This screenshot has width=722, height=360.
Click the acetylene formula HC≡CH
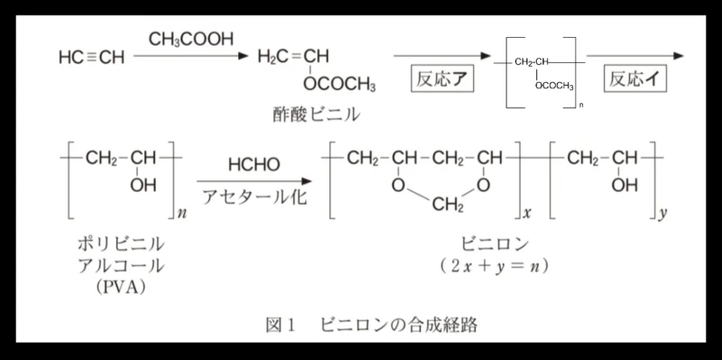coord(92,58)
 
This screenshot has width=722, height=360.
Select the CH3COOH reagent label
coord(191,40)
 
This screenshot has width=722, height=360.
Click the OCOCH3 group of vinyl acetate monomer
coord(339,85)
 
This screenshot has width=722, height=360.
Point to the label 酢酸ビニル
coord(315,115)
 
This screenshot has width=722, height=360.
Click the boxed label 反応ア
coord(442,79)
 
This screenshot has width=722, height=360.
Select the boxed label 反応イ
coord(634,79)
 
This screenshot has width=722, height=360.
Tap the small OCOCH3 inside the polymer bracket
coord(554,87)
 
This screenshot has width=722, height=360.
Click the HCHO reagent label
coord(254,165)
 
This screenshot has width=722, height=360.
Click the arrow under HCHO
coord(255,181)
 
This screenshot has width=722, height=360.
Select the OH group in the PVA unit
coord(143,186)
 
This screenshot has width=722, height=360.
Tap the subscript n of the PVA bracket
coord(182,214)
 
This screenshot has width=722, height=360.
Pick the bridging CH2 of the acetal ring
coord(448,206)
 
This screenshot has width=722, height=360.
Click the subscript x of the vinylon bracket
coord(527,214)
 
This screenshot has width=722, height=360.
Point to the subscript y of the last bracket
coord(662,215)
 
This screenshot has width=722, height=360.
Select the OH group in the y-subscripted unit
coord(625,186)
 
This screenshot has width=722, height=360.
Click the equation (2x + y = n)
coord(494,266)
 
